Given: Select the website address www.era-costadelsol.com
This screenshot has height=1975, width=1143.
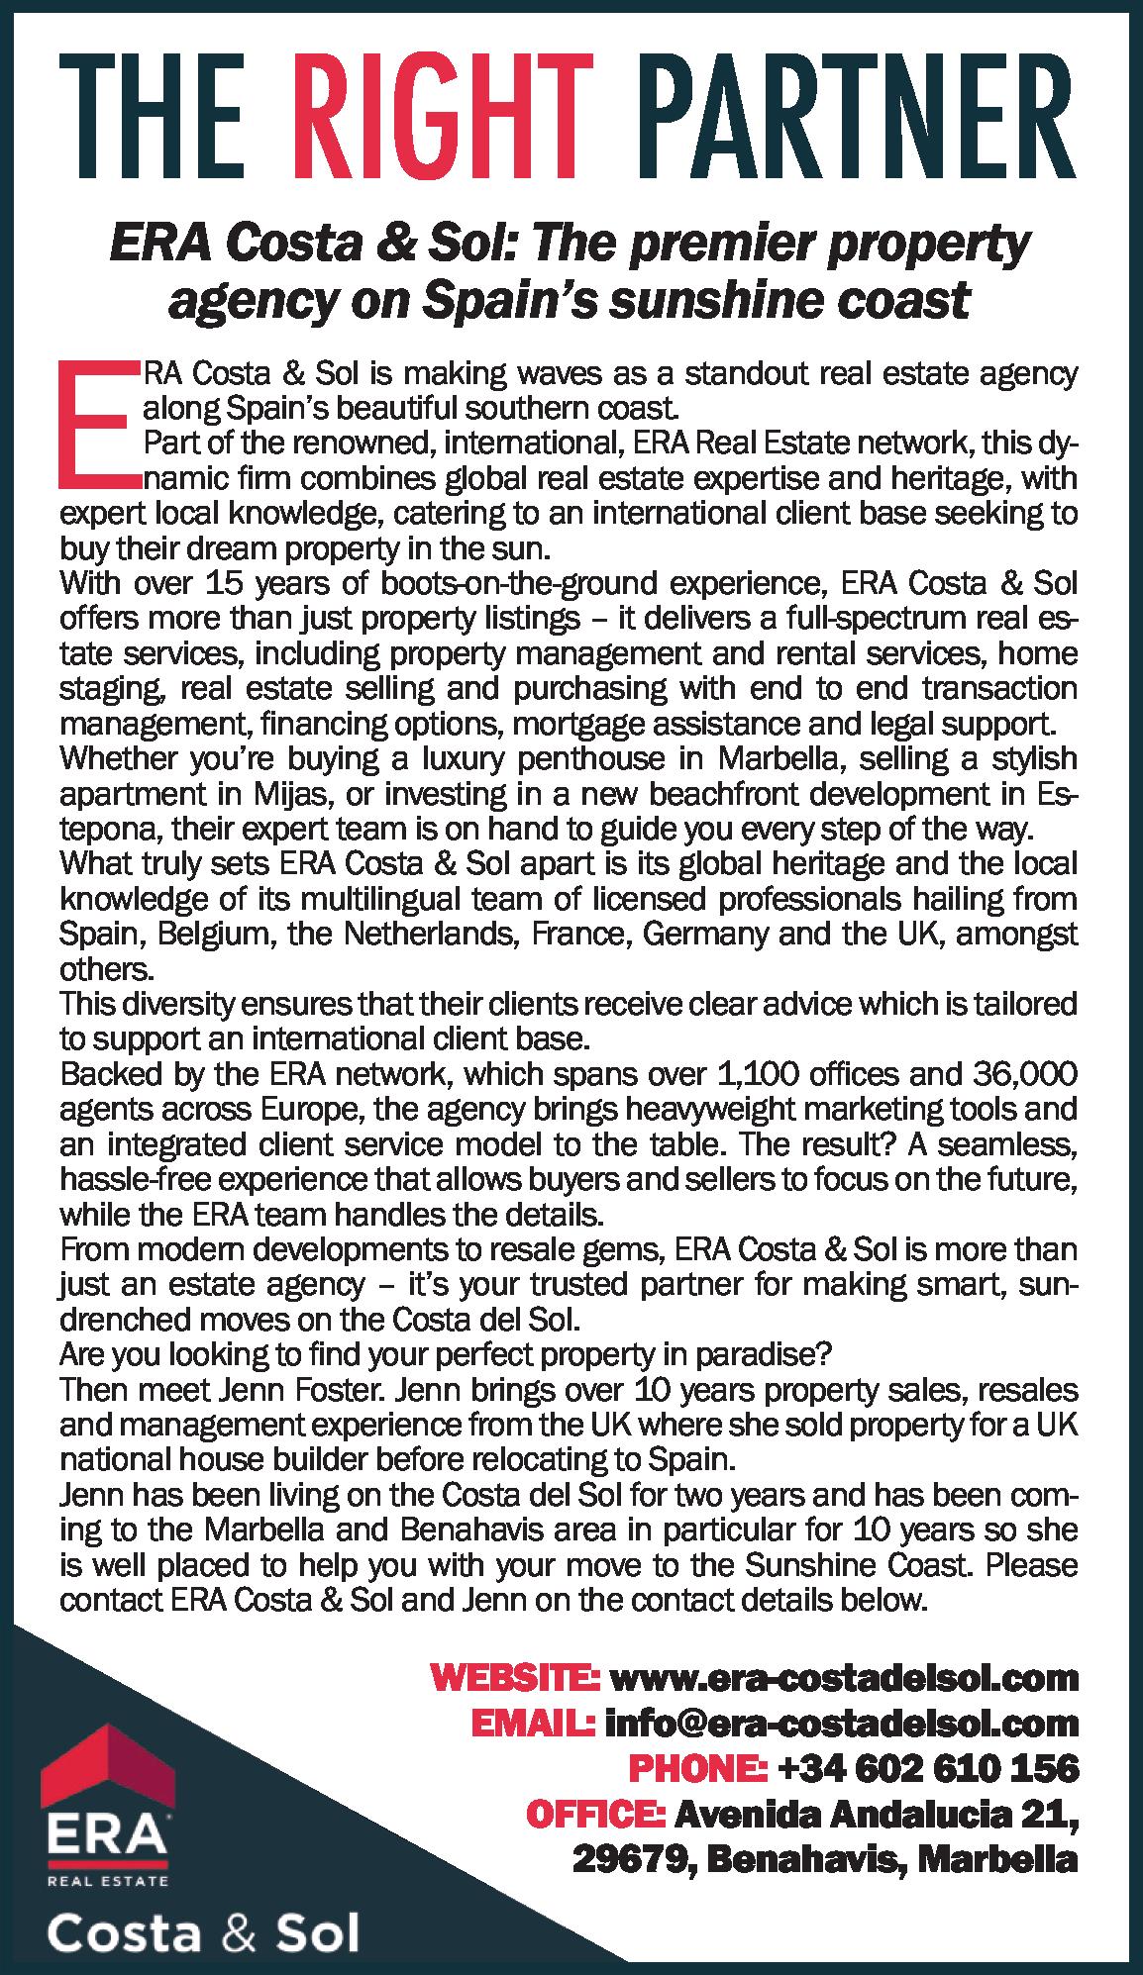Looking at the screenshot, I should [x=844, y=1678].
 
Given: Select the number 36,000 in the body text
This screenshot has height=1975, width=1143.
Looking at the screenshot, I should [x=1025, y=1073].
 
